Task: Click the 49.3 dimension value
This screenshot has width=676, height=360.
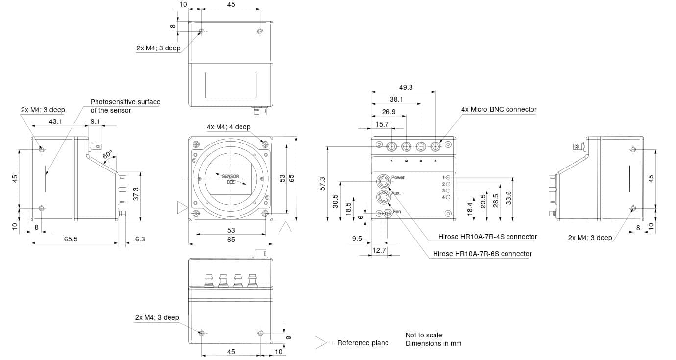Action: pyautogui.click(x=406, y=87)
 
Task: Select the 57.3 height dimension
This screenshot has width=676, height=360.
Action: pyautogui.click(x=322, y=184)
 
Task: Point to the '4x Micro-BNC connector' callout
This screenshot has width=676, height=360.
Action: pyautogui.click(x=499, y=110)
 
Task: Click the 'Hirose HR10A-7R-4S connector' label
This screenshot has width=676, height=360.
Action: pyautogui.click(x=487, y=237)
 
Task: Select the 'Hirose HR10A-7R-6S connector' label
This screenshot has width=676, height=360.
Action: pyautogui.click(x=482, y=254)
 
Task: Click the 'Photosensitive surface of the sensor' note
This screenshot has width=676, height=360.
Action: pyautogui.click(x=125, y=106)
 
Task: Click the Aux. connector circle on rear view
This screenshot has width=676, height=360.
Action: pyautogui.click(x=383, y=197)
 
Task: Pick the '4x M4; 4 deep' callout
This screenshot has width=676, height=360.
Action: pyautogui.click(x=228, y=127)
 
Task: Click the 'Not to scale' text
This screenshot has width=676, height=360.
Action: pyautogui.click(x=423, y=336)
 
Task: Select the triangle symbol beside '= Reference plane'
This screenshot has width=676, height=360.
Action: pyautogui.click(x=321, y=343)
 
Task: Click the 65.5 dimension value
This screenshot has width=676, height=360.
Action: pyautogui.click(x=71, y=240)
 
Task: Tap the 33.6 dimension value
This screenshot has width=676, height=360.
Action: pyautogui.click(x=508, y=198)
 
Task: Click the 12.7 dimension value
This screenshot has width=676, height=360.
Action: pyautogui.click(x=379, y=251)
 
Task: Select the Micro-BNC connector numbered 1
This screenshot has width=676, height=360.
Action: pyautogui.click(x=392, y=146)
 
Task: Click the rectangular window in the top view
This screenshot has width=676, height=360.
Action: pyautogui.click(x=230, y=85)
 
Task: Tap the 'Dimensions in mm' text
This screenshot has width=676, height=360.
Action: pyautogui.click(x=433, y=344)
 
